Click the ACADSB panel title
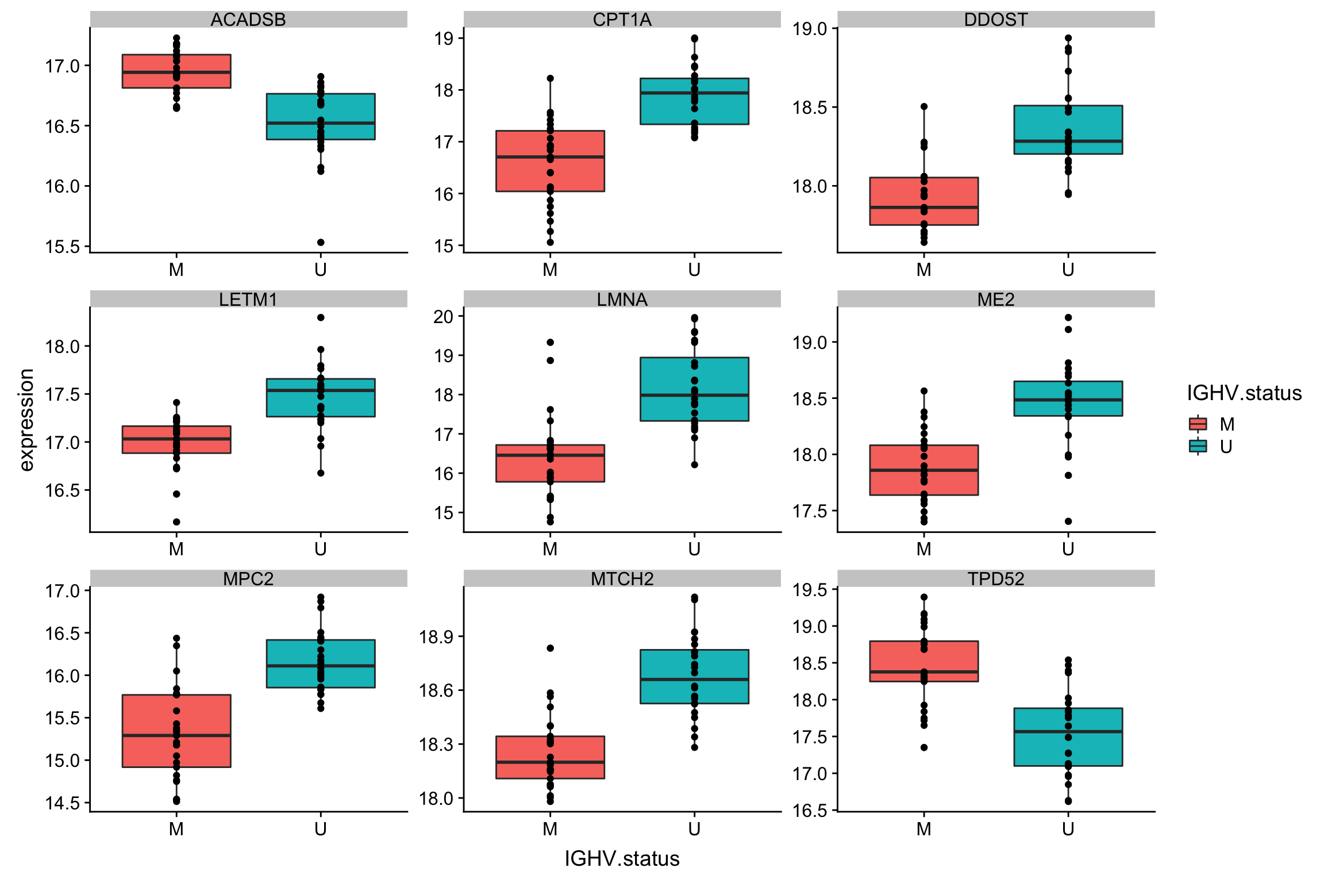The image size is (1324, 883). tap(248, 20)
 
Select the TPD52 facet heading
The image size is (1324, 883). tap(996, 578)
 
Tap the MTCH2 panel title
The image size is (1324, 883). tap(622, 578)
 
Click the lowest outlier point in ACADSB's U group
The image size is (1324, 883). tap(321, 242)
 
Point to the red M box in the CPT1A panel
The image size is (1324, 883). tap(550, 172)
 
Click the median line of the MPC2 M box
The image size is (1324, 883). tap(176, 735)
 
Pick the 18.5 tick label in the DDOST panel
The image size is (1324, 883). tap(811, 108)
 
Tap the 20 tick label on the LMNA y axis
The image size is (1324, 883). tap(443, 316)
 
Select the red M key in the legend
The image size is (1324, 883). tap(1198, 424)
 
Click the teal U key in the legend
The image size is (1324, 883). tap(1198, 447)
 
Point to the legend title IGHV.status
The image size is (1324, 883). tap(1244, 393)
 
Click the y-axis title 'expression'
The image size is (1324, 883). tap(26, 420)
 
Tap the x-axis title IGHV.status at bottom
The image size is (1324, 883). tap(622, 858)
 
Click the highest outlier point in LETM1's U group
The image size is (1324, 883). tap(321, 317)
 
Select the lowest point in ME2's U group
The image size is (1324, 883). tap(1068, 521)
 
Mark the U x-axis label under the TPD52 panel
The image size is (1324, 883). tap(1068, 829)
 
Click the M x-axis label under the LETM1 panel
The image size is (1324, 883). tap(176, 549)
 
